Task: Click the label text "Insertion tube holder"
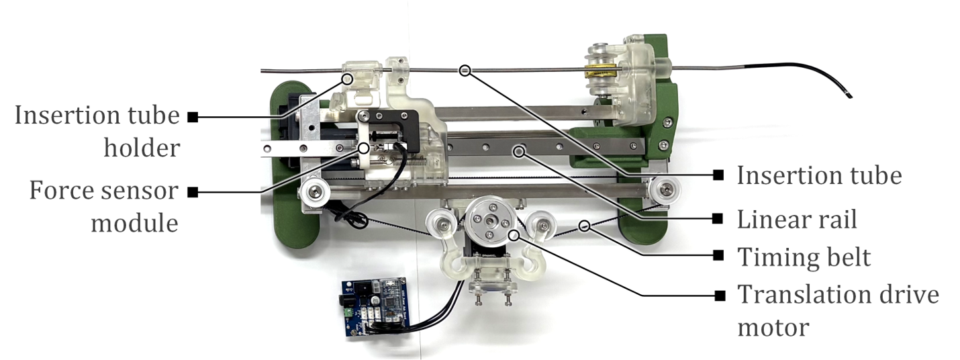coord(97,132)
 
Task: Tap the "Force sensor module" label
coord(103,207)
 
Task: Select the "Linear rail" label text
coord(797,220)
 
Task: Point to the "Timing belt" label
coord(804,257)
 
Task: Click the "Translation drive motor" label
coord(838,311)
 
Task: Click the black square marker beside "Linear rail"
coord(718,218)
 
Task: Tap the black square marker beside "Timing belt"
coord(718,256)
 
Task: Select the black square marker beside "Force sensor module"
coord(193,192)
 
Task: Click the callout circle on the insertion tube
coord(465,71)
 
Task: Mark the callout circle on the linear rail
coord(519,151)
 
